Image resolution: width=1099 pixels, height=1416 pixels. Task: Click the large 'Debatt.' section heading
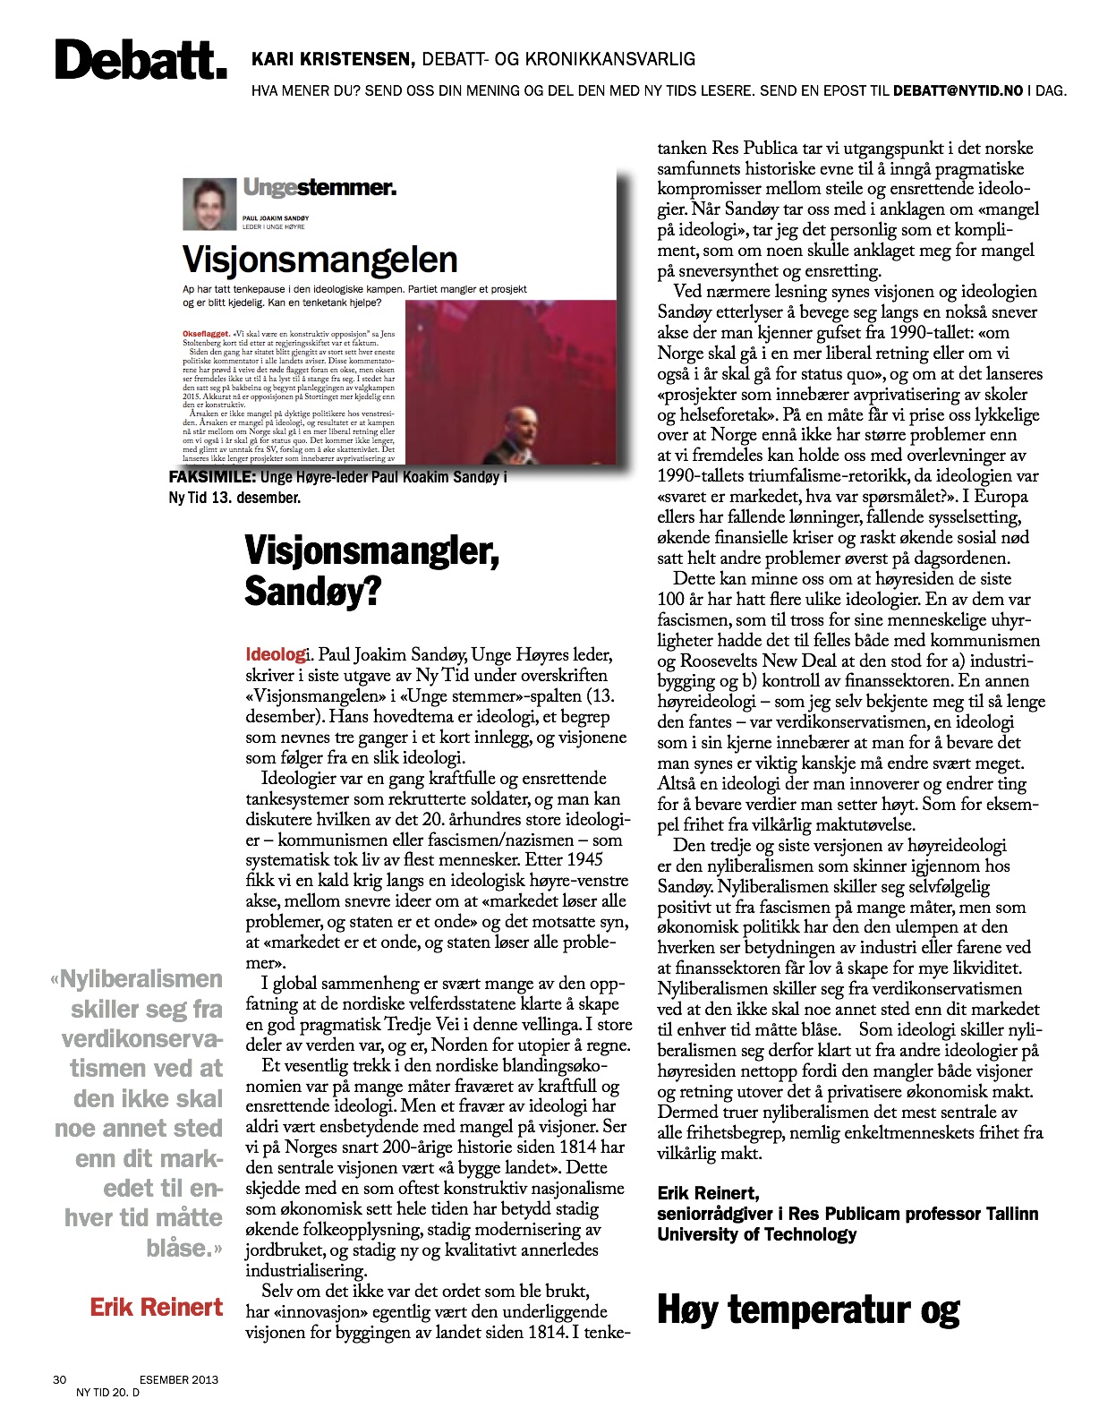pos(141,61)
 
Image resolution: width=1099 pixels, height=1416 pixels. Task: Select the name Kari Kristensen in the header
pos(332,60)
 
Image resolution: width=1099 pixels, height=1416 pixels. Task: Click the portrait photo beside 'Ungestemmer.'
pos(209,203)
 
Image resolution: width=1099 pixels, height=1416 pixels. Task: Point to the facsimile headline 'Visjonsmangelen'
pos(319,260)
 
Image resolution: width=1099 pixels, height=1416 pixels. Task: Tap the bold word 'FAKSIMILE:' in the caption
pos(212,478)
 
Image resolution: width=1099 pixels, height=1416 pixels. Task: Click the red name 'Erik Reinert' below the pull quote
pos(156,1307)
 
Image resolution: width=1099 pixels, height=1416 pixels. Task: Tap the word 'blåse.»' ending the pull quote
pos(184,1247)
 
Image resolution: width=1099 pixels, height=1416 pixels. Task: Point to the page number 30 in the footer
pos(59,1379)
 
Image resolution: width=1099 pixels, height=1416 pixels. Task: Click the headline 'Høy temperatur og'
pos(808,1309)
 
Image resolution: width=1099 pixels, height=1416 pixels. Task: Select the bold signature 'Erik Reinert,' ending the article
pos(708,1192)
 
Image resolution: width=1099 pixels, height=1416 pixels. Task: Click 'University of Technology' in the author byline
pos(756,1234)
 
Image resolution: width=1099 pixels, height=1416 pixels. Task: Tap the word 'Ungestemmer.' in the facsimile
pos(319,188)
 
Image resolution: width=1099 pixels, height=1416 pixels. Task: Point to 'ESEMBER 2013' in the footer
pos(178,1379)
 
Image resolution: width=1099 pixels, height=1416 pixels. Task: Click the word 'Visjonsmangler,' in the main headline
pos(371,550)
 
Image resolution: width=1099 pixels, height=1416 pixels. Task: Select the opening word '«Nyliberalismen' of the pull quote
pos(137,979)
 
